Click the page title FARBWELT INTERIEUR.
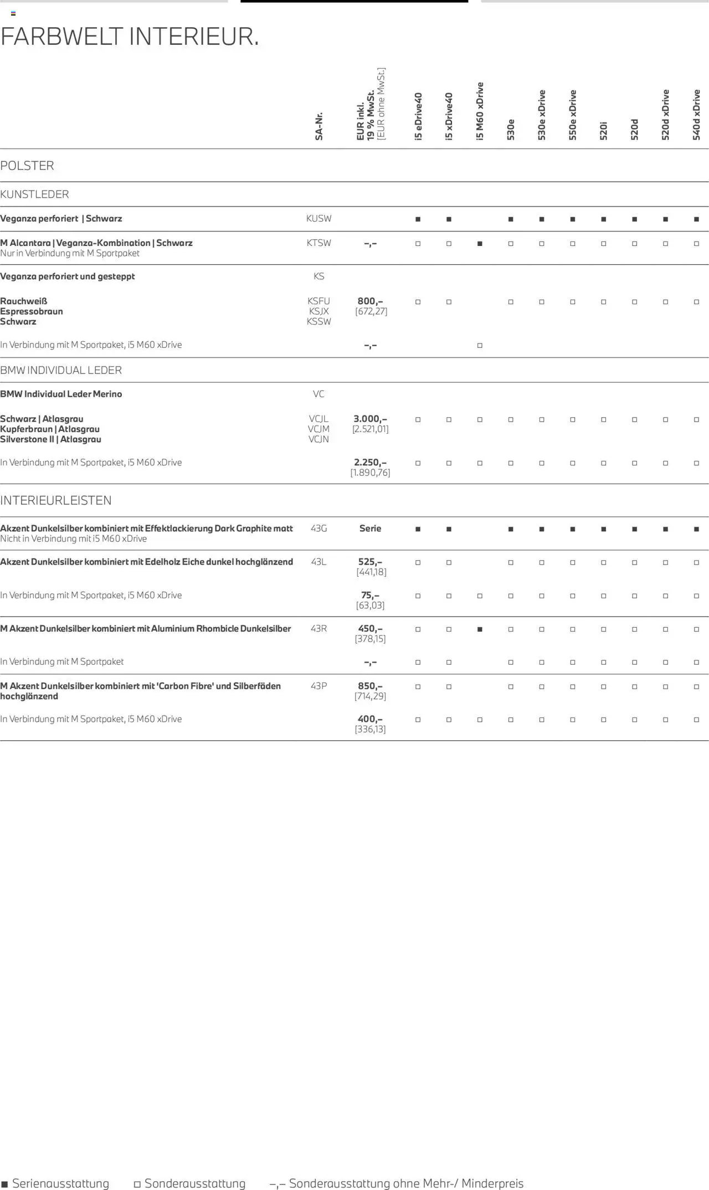tap(130, 37)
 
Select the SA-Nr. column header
tap(319, 126)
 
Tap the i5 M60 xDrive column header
tap(480, 111)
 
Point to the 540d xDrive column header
tap(697, 115)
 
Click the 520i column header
tap(604, 131)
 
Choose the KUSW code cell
tap(319, 218)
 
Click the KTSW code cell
tap(319, 243)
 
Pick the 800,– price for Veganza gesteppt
tap(370, 301)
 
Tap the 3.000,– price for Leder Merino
tap(370, 419)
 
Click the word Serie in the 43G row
tap(370, 529)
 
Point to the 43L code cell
tap(319, 562)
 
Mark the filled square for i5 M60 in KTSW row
tap(480, 244)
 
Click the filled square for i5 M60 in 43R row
tap(480, 629)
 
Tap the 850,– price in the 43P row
tap(370, 686)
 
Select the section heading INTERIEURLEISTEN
tap(56, 500)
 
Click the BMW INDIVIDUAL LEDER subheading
tap(61, 370)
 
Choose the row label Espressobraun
tap(32, 311)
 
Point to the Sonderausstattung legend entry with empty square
tap(190, 1183)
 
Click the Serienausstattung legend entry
tap(55, 1183)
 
